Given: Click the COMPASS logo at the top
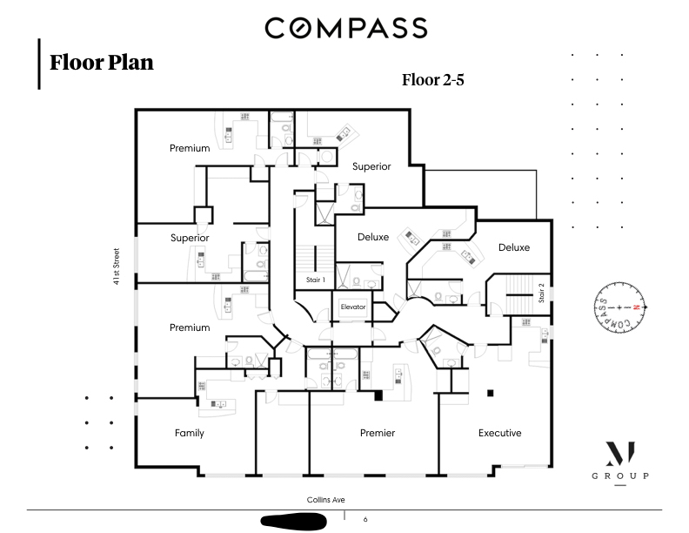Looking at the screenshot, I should pyautogui.click(x=345, y=28).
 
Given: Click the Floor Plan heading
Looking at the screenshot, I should pyautogui.click(x=101, y=63).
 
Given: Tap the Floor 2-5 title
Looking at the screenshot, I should pyautogui.click(x=432, y=80).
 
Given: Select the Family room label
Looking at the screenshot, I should pyautogui.click(x=189, y=433).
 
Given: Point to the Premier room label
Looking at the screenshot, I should pyautogui.click(x=378, y=433).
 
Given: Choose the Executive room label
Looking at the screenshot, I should pyautogui.click(x=499, y=433).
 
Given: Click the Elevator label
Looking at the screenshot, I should pyautogui.click(x=353, y=307).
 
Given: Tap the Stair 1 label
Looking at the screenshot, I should pyautogui.click(x=316, y=280).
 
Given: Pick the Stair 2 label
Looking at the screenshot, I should pyautogui.click(x=541, y=293).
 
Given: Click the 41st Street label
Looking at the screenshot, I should pyautogui.click(x=117, y=267).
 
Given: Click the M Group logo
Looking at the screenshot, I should pyautogui.click(x=620, y=462).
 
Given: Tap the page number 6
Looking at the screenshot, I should pyautogui.click(x=365, y=519).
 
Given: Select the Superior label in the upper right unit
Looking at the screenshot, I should pyautogui.click(x=371, y=166).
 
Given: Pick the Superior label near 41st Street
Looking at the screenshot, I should pyautogui.click(x=190, y=238).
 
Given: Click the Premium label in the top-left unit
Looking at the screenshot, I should pyautogui.click(x=190, y=148).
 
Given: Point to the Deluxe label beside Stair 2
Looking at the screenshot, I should pyautogui.click(x=514, y=247).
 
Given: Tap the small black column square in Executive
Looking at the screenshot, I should pyautogui.click(x=491, y=390).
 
